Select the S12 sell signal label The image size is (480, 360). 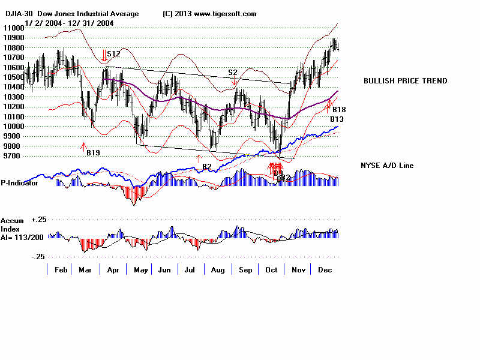coord(114,54)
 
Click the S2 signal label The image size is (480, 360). coord(233,73)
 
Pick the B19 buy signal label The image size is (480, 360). coord(93,153)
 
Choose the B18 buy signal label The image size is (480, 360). coord(339,110)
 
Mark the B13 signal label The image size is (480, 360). coord(337,119)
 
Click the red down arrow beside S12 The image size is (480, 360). coord(104,56)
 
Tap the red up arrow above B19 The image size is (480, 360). coord(84,145)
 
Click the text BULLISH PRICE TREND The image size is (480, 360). coord(405,81)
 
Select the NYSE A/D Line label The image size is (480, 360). coord(386,166)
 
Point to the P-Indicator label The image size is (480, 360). coord(20,183)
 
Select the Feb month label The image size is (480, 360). coord(60,270)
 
